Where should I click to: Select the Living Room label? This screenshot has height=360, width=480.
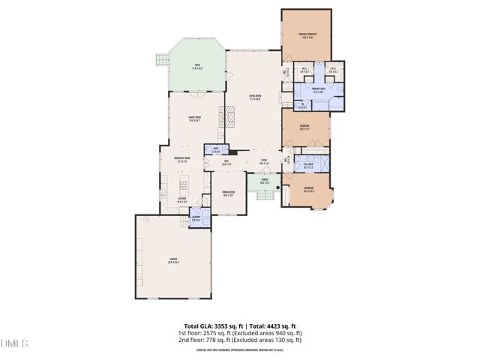click(254, 97)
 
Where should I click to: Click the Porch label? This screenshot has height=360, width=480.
click(265, 181)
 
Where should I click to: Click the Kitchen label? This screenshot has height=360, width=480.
click(182, 200)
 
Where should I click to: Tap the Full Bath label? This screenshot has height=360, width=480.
click(308, 166)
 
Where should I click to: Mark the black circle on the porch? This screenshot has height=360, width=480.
click(277, 187)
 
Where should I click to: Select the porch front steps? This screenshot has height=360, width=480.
click(264, 196)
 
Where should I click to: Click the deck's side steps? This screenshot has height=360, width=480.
click(160, 59)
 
